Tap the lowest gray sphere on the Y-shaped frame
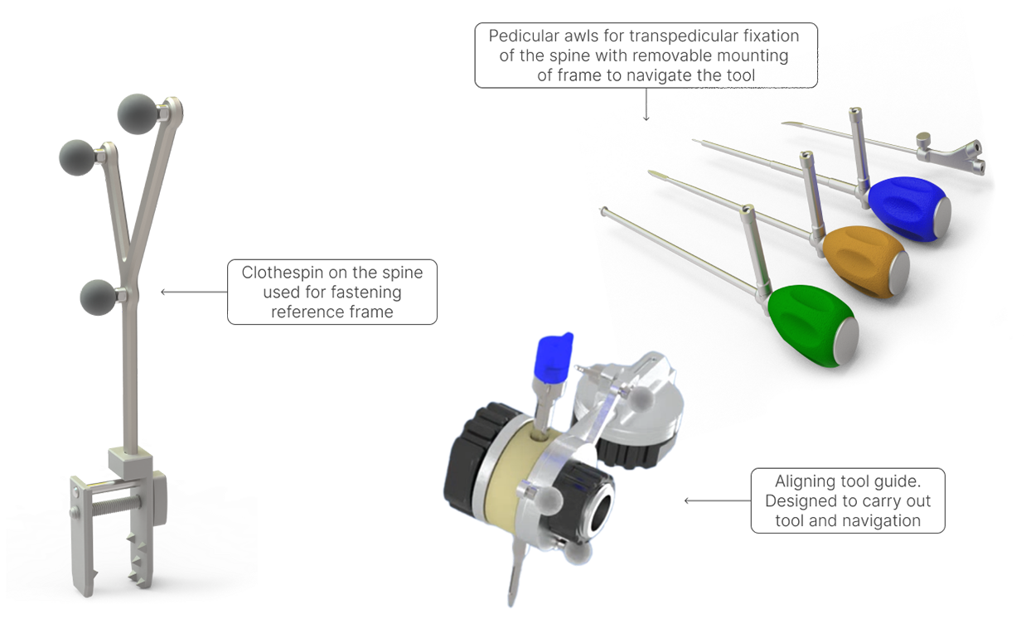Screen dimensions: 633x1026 pos(99,295)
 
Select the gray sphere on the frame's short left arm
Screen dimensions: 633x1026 pos(79,156)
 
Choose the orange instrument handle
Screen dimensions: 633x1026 pos(862,257)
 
